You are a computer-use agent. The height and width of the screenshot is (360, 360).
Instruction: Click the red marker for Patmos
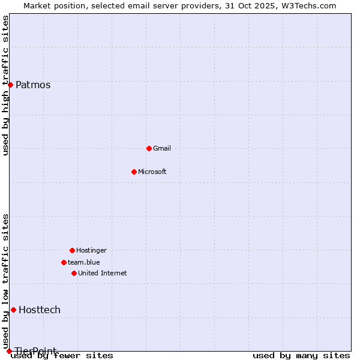tap(10, 85)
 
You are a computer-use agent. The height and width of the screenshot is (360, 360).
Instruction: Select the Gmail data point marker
tap(149, 148)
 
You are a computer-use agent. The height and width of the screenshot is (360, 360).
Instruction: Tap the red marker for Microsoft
tap(134, 172)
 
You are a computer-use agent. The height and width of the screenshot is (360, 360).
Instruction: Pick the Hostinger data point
tap(72, 250)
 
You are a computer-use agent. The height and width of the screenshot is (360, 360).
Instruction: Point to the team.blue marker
tap(64, 262)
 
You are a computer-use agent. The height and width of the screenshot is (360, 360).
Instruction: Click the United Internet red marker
tap(74, 273)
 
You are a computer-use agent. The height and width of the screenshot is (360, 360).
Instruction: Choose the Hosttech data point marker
tap(13, 310)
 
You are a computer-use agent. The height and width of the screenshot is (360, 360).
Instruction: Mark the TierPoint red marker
tap(9, 351)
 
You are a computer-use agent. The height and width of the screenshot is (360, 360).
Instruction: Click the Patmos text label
tap(33, 85)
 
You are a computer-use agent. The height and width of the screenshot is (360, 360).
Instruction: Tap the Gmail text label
tap(162, 148)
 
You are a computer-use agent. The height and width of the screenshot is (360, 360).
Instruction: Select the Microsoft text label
tap(152, 172)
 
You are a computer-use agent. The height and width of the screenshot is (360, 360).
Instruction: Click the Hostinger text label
tap(91, 250)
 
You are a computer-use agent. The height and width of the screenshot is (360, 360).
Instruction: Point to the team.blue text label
tap(84, 262)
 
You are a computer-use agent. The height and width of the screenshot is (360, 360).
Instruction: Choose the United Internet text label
tap(103, 273)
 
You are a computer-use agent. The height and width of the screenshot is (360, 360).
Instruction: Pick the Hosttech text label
tap(40, 310)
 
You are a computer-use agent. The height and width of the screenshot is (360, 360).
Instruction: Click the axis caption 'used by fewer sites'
tap(62, 356)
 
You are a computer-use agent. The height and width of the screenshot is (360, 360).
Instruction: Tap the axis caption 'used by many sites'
tap(301, 356)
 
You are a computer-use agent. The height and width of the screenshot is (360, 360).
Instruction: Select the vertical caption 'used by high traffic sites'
tap(6, 85)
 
